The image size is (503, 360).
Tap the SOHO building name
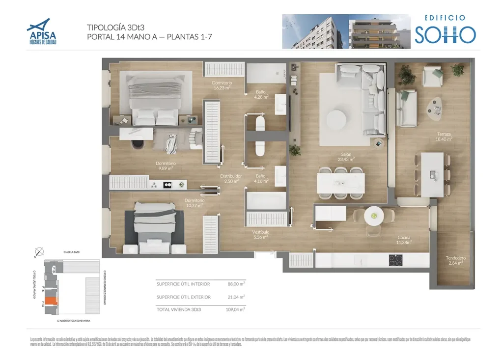445,34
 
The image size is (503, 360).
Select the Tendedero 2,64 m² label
455,260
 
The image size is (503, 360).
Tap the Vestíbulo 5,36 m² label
260,234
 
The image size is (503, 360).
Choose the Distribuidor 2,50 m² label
230,178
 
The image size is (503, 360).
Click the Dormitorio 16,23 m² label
222,85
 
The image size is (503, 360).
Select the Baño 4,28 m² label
261,94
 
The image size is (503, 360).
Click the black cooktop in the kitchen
396,260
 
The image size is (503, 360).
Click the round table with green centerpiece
374,215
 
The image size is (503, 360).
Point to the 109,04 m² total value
235,309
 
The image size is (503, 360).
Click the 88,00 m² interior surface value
236,284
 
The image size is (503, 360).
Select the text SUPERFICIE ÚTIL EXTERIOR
183,297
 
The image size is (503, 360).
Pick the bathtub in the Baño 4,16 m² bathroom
266,201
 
